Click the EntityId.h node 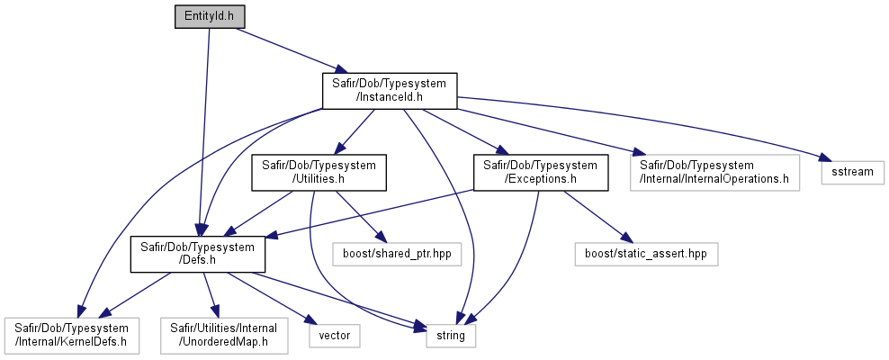point(210,16)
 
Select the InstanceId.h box point(390,91)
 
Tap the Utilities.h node point(319,172)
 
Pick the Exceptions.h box point(541,172)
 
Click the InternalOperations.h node point(714,172)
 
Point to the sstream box point(853,172)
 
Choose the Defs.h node point(198,254)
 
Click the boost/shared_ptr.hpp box point(397,254)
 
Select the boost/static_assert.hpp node point(647,254)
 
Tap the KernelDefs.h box point(71,335)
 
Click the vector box point(335,336)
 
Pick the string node point(452,336)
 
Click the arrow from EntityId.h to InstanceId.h point(284,50)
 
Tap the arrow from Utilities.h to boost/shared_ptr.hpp point(358,217)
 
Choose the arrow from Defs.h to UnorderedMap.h point(211,295)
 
